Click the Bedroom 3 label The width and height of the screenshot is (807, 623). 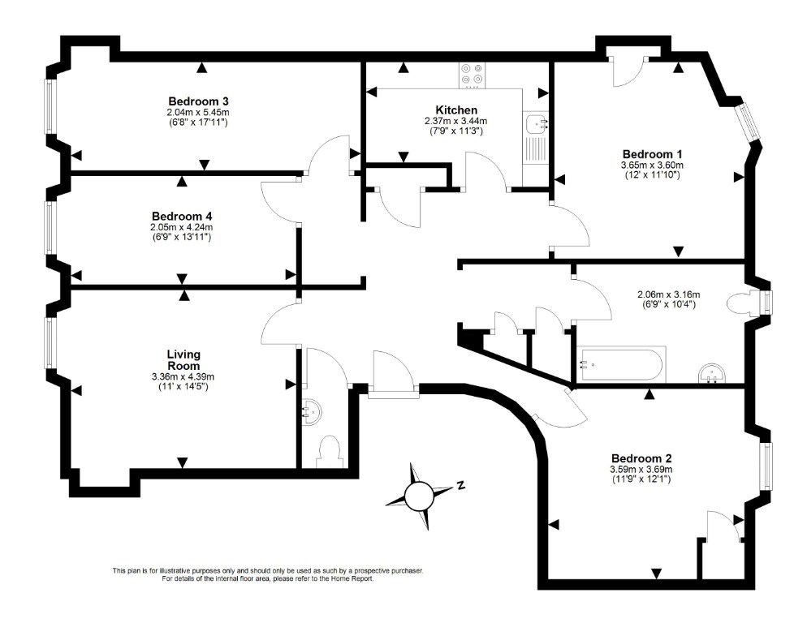click(198, 101)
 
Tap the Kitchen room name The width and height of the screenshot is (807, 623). click(456, 110)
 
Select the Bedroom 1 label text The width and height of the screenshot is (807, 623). click(652, 154)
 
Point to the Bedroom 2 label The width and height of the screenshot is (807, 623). click(641, 458)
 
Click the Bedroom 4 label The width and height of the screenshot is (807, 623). click(182, 216)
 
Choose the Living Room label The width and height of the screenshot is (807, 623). click(183, 360)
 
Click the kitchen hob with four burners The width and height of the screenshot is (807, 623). click(473, 74)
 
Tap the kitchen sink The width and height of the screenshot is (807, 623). click(537, 124)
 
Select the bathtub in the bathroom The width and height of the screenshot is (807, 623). click(623, 365)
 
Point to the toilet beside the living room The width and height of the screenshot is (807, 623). click(330, 451)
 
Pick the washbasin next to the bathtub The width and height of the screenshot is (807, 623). click(712, 373)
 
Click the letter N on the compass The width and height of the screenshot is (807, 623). click(460, 484)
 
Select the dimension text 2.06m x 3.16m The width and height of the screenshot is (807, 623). click(668, 294)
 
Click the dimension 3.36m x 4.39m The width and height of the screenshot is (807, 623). click(183, 376)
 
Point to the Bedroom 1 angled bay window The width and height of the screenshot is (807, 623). click(747, 121)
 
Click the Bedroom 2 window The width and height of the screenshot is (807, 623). click(767, 466)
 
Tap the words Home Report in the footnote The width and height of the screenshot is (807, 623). click(354, 578)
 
